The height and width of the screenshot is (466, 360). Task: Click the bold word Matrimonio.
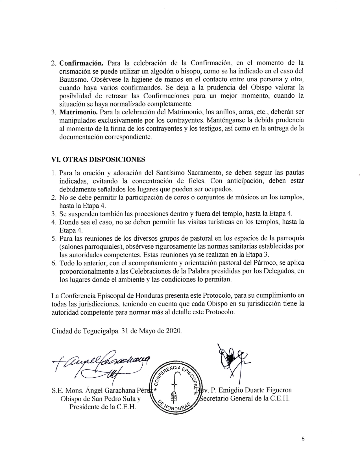[78, 112]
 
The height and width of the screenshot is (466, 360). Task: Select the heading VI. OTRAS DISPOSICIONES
[98, 159]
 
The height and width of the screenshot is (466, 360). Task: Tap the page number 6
[303, 439]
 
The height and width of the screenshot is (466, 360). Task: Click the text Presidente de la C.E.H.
[103, 407]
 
